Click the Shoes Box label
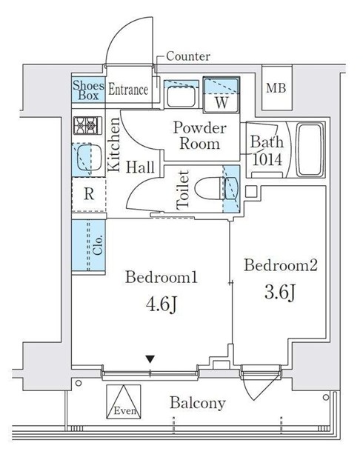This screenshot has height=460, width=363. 88,90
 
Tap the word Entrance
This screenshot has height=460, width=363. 129,90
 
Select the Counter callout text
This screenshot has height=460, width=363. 187,56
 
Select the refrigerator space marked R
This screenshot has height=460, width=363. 88,195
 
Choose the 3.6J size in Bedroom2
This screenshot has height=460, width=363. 280,293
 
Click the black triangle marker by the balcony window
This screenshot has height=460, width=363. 150,359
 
